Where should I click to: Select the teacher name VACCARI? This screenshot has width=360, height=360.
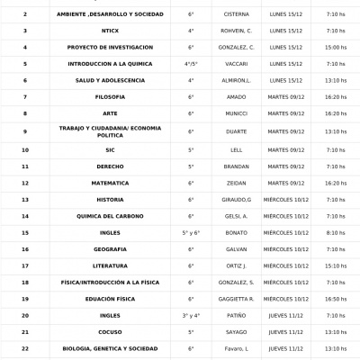click(236, 64)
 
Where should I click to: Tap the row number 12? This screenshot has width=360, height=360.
click(25, 183)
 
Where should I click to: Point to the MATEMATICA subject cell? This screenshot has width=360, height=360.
click(110, 183)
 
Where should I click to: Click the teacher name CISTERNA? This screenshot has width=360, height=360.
click(236, 14)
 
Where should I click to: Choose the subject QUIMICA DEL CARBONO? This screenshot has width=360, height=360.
click(110, 216)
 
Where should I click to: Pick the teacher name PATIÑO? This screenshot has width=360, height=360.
click(236, 316)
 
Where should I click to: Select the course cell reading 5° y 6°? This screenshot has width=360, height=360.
click(191, 232)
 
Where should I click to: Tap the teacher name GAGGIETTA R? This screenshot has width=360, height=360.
click(236, 299)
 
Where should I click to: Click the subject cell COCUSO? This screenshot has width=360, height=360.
click(110, 332)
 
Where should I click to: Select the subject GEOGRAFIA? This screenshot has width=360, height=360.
click(110, 249)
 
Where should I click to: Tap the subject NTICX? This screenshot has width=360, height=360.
click(110, 31)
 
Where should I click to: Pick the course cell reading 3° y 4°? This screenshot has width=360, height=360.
click(191, 316)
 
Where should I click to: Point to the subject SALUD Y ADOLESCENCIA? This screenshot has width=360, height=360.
click(110, 80)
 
